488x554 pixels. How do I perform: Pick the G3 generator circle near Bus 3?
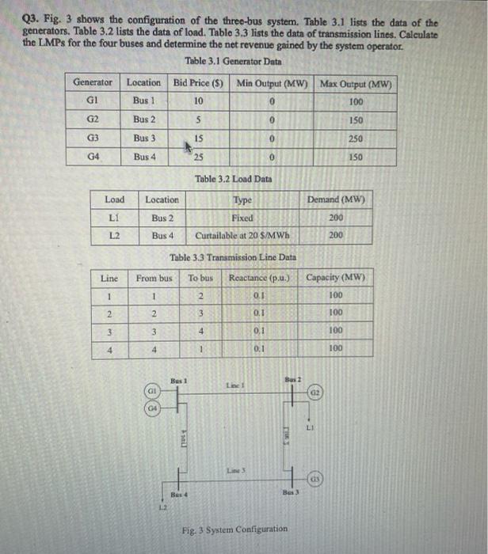pos(315,480)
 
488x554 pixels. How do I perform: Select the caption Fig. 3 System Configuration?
pos(234,529)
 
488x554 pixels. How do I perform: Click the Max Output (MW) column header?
pos(356,83)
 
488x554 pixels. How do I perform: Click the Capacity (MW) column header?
pos(336,278)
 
